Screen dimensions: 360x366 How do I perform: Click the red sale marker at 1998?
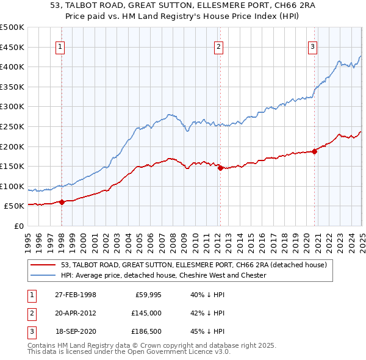tap(62, 202)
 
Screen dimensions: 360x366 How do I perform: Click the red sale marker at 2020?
tap(314, 152)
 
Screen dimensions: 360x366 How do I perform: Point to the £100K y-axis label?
tap(12, 186)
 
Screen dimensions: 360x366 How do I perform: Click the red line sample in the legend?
tap(44, 265)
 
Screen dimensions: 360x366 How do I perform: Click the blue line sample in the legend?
tap(44, 275)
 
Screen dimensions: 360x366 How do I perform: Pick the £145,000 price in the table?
tap(145, 313)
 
